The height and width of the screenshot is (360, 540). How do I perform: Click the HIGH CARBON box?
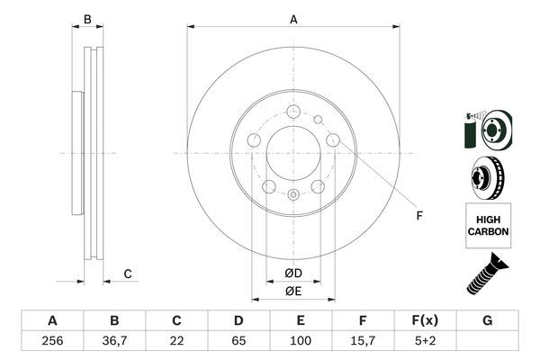pyautogui.click(x=488, y=226)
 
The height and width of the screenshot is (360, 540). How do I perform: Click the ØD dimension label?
pyautogui.click(x=292, y=273)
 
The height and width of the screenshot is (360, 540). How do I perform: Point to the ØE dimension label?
pyautogui.click(x=292, y=291)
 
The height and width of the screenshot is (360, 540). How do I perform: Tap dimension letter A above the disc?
pyautogui.click(x=293, y=19)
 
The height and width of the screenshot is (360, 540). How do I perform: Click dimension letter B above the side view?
pyautogui.click(x=88, y=19)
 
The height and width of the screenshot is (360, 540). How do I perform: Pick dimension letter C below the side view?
pyautogui.click(x=128, y=274)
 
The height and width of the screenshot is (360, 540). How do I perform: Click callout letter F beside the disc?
pyautogui.click(x=418, y=214)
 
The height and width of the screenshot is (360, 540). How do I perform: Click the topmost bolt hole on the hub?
pyautogui.click(x=293, y=112)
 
